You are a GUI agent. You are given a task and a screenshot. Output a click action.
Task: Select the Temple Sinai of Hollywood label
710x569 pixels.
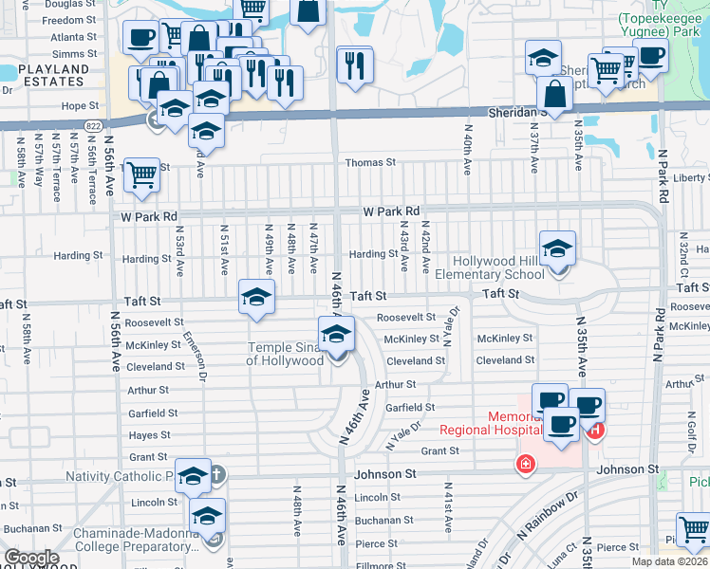point(285,354)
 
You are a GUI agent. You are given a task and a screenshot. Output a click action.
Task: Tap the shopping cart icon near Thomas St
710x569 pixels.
point(141,174)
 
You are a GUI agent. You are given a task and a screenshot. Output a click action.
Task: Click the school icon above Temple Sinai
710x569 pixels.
point(336,335)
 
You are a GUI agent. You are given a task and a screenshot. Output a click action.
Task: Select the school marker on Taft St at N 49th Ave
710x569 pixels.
point(255,298)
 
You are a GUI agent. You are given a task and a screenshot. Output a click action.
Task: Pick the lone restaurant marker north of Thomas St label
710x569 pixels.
point(355,64)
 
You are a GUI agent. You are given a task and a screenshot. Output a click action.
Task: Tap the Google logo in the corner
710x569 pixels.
point(31,558)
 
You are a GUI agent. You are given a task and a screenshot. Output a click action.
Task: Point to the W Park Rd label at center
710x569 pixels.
point(390,211)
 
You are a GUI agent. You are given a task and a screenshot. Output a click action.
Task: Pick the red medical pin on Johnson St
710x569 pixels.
point(524,464)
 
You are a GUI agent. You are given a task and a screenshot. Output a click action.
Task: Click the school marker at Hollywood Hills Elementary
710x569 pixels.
point(557,250)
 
